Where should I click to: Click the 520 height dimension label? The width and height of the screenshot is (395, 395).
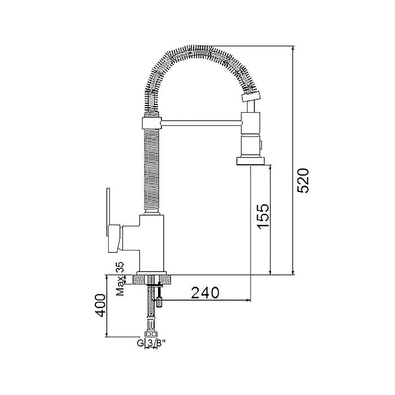[303, 181]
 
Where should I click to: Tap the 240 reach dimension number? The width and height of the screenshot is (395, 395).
[205, 292]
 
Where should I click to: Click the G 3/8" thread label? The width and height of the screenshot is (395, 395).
[151, 343]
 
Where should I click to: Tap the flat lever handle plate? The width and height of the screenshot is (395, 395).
[108, 212]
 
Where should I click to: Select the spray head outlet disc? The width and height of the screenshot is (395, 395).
[251, 161]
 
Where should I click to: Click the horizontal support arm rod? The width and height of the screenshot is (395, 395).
[201, 122]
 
